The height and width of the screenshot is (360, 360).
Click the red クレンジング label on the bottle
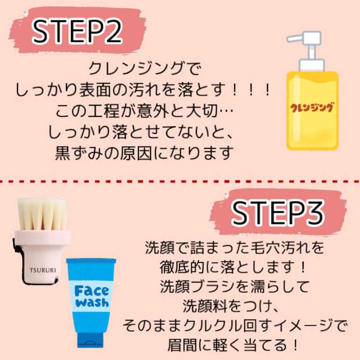[x=312, y=108]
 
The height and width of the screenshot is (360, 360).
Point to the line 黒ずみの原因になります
[x=144, y=153]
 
